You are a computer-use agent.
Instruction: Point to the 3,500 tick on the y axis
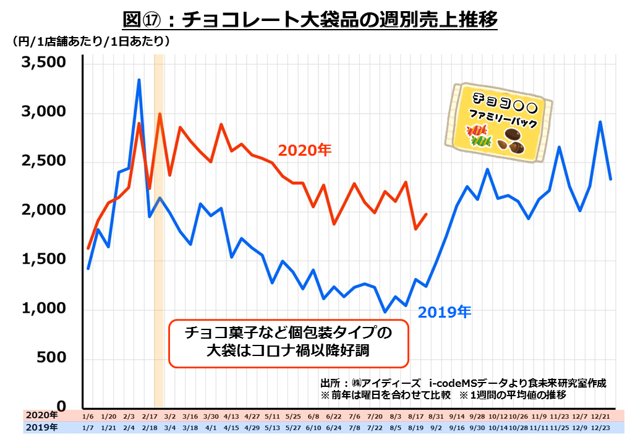pyautogui.click(x=43, y=63)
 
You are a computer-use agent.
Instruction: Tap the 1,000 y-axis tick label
pyautogui.click(x=43, y=309)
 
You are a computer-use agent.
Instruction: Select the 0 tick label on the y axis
pyautogui.click(x=62, y=407)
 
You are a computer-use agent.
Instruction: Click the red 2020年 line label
pyautogui.click(x=305, y=150)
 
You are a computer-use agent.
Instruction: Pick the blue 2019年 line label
pyautogui.click(x=445, y=312)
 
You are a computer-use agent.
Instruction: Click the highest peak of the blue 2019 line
pyautogui.click(x=138, y=80)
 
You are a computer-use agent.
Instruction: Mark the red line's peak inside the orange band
pyautogui.click(x=160, y=114)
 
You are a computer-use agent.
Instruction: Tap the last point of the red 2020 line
pyautogui.click(x=427, y=214)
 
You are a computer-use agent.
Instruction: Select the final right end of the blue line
pyautogui.click(x=611, y=179)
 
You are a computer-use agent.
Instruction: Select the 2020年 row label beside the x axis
pyautogui.click(x=41, y=415)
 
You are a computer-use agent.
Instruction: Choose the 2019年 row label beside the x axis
pyautogui.click(x=41, y=427)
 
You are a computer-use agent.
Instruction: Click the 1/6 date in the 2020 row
pyautogui.click(x=88, y=416)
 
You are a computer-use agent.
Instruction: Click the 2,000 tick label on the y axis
pyautogui.click(x=43, y=210)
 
